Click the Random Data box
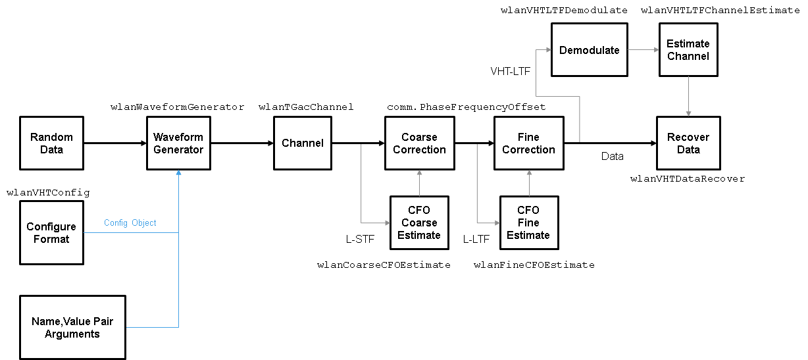tap(51, 143)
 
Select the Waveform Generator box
tap(178, 143)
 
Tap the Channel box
tap(302, 143)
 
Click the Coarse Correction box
tap(419, 143)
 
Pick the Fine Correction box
tap(528, 143)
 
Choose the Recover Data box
tap(688, 143)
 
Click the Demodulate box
tap(589, 50)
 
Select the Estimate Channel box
tap(688, 50)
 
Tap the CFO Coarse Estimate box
tap(418, 222)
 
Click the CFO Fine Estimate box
tap(528, 222)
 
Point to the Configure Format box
tap(51, 233)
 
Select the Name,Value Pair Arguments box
tap(72, 327)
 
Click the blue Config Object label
tap(130, 223)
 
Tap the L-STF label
tap(360, 240)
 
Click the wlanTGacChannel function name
tap(306, 107)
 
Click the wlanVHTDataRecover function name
tap(688, 179)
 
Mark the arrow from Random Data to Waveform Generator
tap(115, 143)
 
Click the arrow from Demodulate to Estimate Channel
tap(642, 50)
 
